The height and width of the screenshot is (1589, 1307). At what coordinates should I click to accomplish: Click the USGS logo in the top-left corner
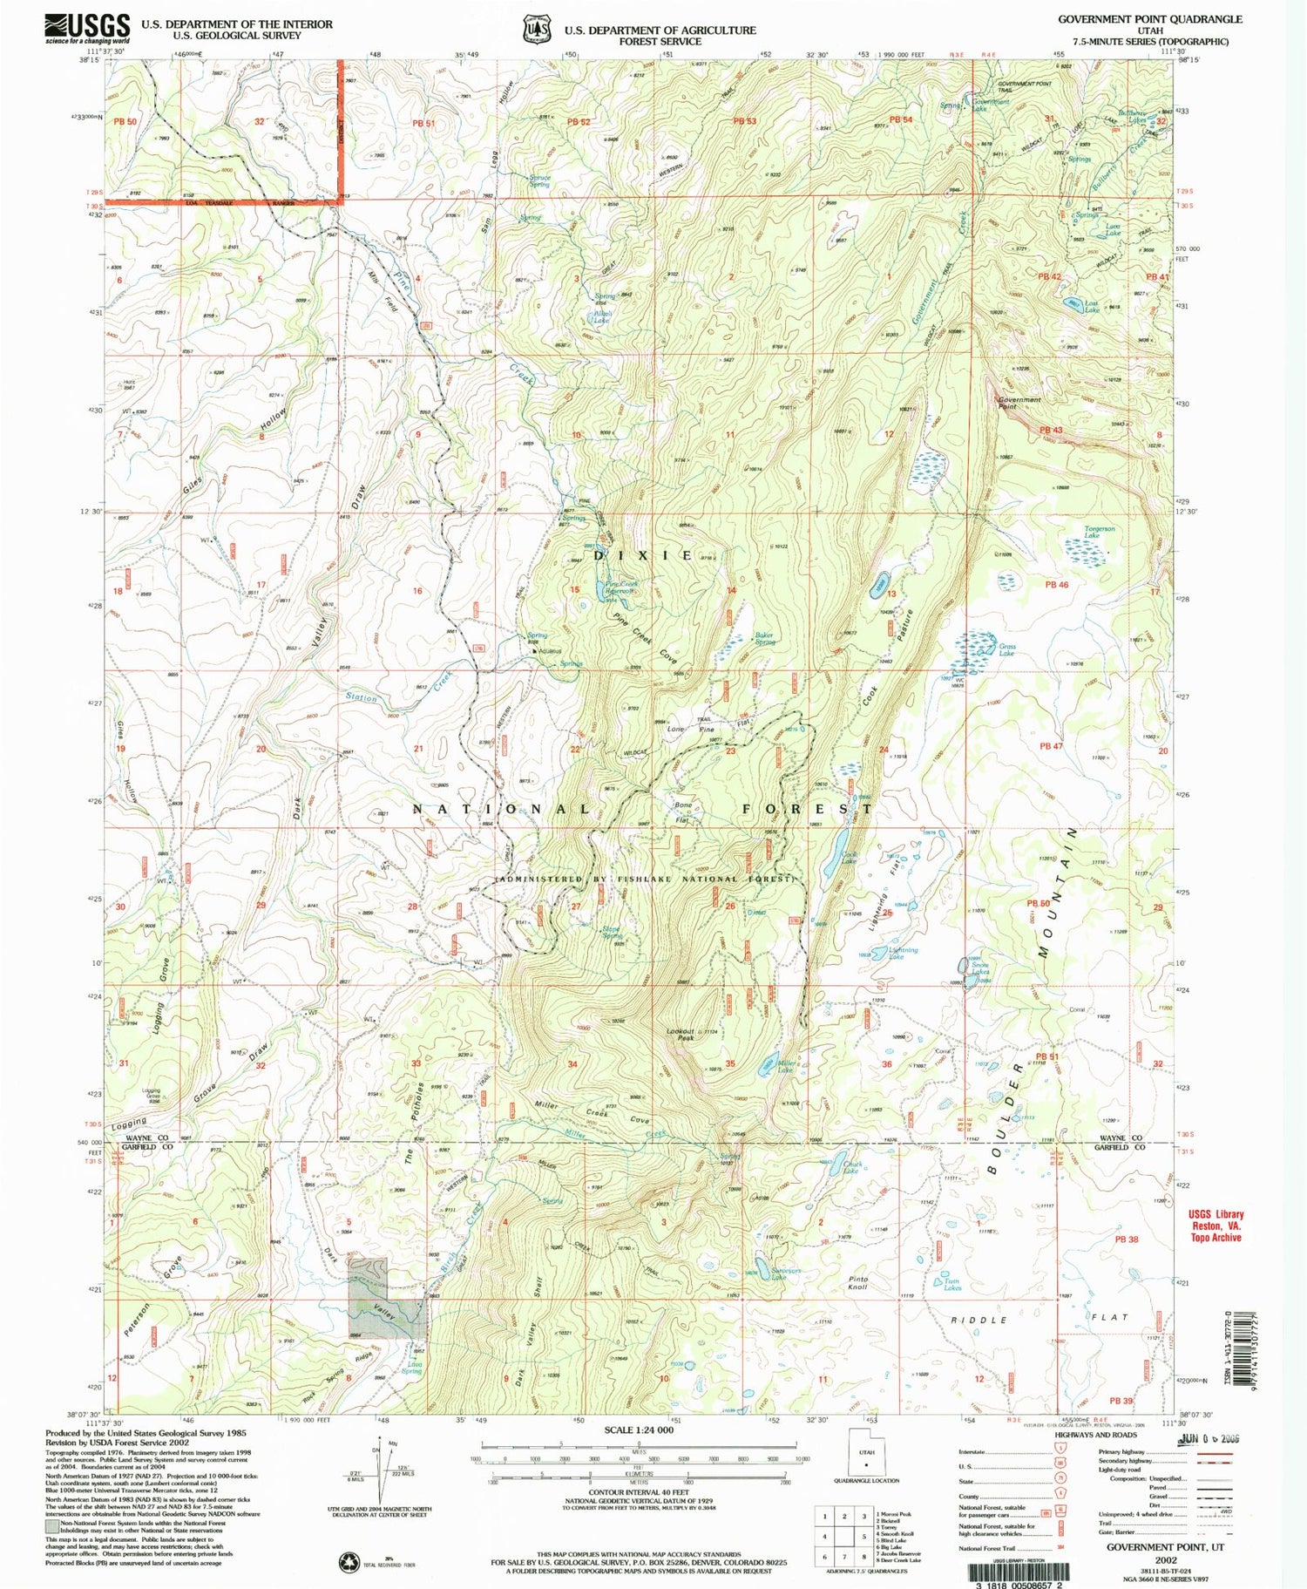[87, 29]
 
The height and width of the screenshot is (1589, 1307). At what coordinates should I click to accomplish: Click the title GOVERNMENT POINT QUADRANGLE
[1149, 19]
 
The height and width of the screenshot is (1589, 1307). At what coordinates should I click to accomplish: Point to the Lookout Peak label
[681, 1034]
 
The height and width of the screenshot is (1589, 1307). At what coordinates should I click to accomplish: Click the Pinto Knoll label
[857, 1282]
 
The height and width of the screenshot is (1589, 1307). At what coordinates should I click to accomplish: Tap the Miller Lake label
[785, 1066]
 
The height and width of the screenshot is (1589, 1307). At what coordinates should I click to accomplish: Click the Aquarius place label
[549, 650]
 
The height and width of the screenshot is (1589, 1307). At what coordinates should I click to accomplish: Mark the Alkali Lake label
[601, 316]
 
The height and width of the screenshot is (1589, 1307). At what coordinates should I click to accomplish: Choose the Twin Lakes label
[952, 1284]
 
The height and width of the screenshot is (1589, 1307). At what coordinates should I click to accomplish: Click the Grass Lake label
[1006, 649]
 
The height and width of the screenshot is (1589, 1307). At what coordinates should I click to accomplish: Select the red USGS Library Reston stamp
[1216, 1226]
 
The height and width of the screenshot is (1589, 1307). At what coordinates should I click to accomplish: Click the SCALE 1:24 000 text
[640, 1430]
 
